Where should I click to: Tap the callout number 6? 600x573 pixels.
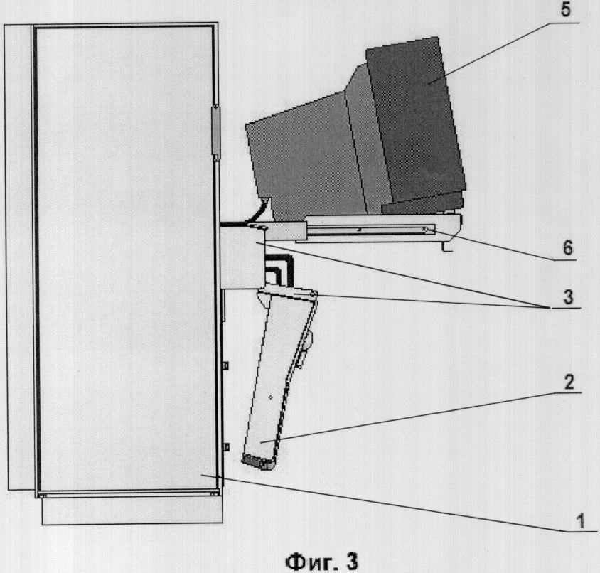(568, 247)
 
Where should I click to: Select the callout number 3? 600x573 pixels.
(568, 296)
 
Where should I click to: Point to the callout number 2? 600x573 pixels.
(569, 382)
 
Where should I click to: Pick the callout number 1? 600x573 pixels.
(581, 521)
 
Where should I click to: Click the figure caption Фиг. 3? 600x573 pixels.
(321, 562)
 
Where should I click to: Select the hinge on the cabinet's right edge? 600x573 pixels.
(217, 130)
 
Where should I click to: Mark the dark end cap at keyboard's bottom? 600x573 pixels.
(257, 462)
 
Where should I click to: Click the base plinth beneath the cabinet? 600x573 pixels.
(132, 511)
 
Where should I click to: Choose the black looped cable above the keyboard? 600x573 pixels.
(279, 269)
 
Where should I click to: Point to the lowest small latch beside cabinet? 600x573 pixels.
(226, 446)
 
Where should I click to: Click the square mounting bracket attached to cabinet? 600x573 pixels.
(242, 258)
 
